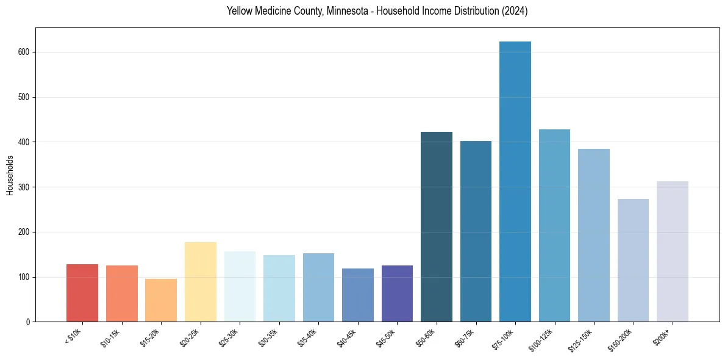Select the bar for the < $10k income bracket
pyautogui.click(x=82, y=293)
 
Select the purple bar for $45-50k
pyautogui.click(x=397, y=293)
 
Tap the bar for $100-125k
pyautogui.click(x=554, y=226)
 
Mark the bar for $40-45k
pyautogui.click(x=358, y=295)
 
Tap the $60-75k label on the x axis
pyautogui.click(x=465, y=338)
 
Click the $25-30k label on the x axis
pyautogui.click(x=229, y=338)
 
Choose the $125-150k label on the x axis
pyautogui.click(x=582, y=339)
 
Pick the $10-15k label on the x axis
pyautogui.click(x=110, y=338)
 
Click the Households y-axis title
pyautogui.click(x=10, y=175)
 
